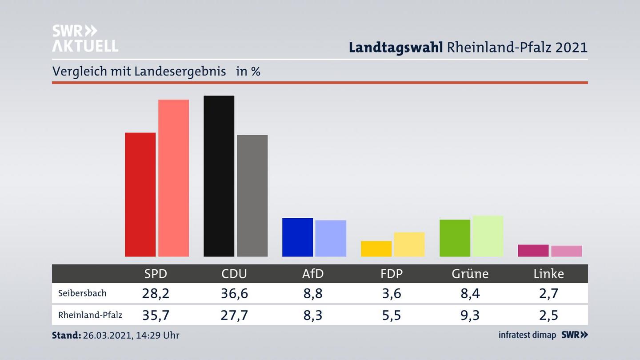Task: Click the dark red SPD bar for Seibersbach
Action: tap(140, 194)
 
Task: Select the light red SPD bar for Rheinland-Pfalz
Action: tap(173, 178)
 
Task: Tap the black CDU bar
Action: tap(219, 176)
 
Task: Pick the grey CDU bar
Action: tap(252, 196)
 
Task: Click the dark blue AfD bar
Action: tap(297, 237)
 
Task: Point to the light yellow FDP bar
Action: tap(409, 244)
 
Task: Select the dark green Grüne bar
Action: tap(455, 238)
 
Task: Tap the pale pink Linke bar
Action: tap(566, 251)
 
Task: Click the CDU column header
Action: tap(234, 274)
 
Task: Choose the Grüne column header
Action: tap(470, 274)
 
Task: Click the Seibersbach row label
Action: tap(82, 293)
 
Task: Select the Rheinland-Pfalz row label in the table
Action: tap(90, 315)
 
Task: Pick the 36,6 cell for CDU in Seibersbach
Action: tap(234, 293)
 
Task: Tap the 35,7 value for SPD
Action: tap(156, 315)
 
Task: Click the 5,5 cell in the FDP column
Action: tap(391, 315)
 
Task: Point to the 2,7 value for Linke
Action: tap(548, 293)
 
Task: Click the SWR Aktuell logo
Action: tap(85, 38)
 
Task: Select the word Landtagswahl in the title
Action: tap(396, 47)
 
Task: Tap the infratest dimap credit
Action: tap(527, 335)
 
